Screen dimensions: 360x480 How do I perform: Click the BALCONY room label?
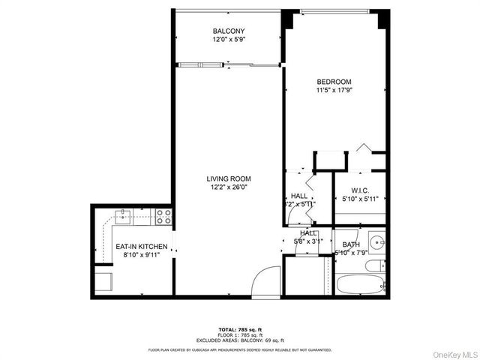(229, 31)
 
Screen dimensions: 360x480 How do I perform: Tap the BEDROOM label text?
(334, 81)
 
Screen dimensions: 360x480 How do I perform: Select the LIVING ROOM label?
(229, 178)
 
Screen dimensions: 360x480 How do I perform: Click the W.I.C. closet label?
(358, 190)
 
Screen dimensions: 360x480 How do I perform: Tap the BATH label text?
(351, 244)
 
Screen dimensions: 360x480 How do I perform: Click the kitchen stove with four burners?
(164, 217)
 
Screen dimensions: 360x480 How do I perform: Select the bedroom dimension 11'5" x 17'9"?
(334, 91)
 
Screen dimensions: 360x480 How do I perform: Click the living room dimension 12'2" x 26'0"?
(229, 188)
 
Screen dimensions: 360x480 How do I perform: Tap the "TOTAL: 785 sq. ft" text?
(239, 329)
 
